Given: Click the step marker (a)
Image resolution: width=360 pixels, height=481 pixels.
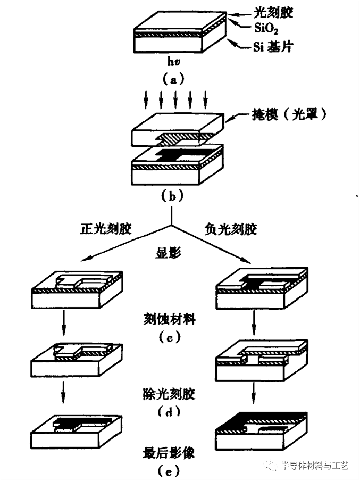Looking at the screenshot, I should (172, 80).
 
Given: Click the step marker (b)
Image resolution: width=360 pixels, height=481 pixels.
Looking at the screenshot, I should (172, 195).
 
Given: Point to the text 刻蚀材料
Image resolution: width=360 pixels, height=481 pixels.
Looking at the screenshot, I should (170, 320).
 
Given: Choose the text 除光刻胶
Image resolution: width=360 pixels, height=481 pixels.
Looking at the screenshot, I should (169, 394).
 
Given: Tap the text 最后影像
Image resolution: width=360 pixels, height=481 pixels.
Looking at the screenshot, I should (169, 452).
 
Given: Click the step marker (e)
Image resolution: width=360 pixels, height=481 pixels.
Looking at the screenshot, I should (169, 470).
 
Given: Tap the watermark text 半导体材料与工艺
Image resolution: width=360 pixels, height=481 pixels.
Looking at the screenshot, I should (314, 466).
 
